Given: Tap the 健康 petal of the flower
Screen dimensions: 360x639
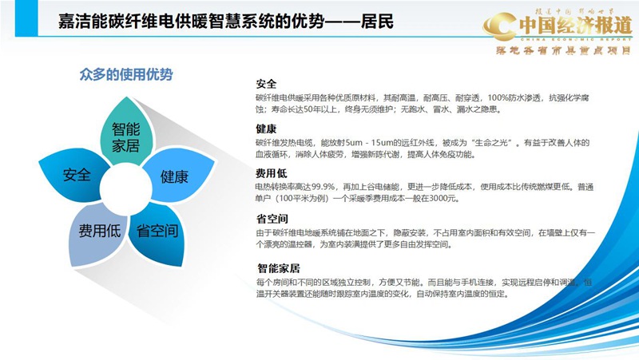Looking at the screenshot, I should (x=173, y=176).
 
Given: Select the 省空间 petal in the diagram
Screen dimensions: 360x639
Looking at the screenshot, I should (x=157, y=231).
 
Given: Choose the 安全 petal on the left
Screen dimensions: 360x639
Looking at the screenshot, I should (x=77, y=175).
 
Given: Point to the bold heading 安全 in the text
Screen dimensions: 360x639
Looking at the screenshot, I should (x=266, y=84).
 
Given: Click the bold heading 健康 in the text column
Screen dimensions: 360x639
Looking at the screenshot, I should (x=266, y=129).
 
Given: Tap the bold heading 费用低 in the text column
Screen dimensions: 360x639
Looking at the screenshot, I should (x=271, y=172).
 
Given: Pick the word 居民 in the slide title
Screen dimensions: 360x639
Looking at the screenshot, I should (x=375, y=22).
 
